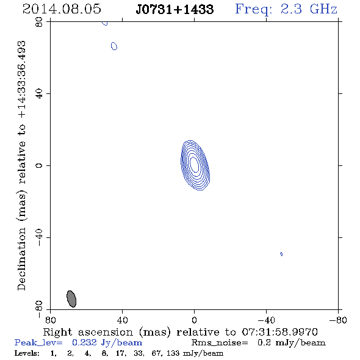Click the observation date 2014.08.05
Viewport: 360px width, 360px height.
(62, 9)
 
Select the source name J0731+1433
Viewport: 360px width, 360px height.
(175, 9)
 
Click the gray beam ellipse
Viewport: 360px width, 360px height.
(71, 299)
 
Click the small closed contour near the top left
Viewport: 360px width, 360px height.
(114, 46)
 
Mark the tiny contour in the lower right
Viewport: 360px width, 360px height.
(281, 254)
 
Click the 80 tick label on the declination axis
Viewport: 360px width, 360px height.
(39, 22)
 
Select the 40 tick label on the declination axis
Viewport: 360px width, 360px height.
(39, 94)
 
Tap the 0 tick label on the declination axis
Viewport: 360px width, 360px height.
(39, 165)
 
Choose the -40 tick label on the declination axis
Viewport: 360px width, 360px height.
(39, 237)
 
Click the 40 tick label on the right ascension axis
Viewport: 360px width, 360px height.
(122, 320)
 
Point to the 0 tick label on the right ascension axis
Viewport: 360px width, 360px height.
(194, 320)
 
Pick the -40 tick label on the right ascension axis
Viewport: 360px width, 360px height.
(266, 320)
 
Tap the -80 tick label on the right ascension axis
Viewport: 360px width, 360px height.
(338, 320)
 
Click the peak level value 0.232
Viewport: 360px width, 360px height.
(84, 342)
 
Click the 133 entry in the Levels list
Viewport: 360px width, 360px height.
(173, 353)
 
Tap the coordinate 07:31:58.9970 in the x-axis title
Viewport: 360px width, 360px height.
(280, 332)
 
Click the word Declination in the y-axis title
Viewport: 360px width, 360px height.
(21, 259)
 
